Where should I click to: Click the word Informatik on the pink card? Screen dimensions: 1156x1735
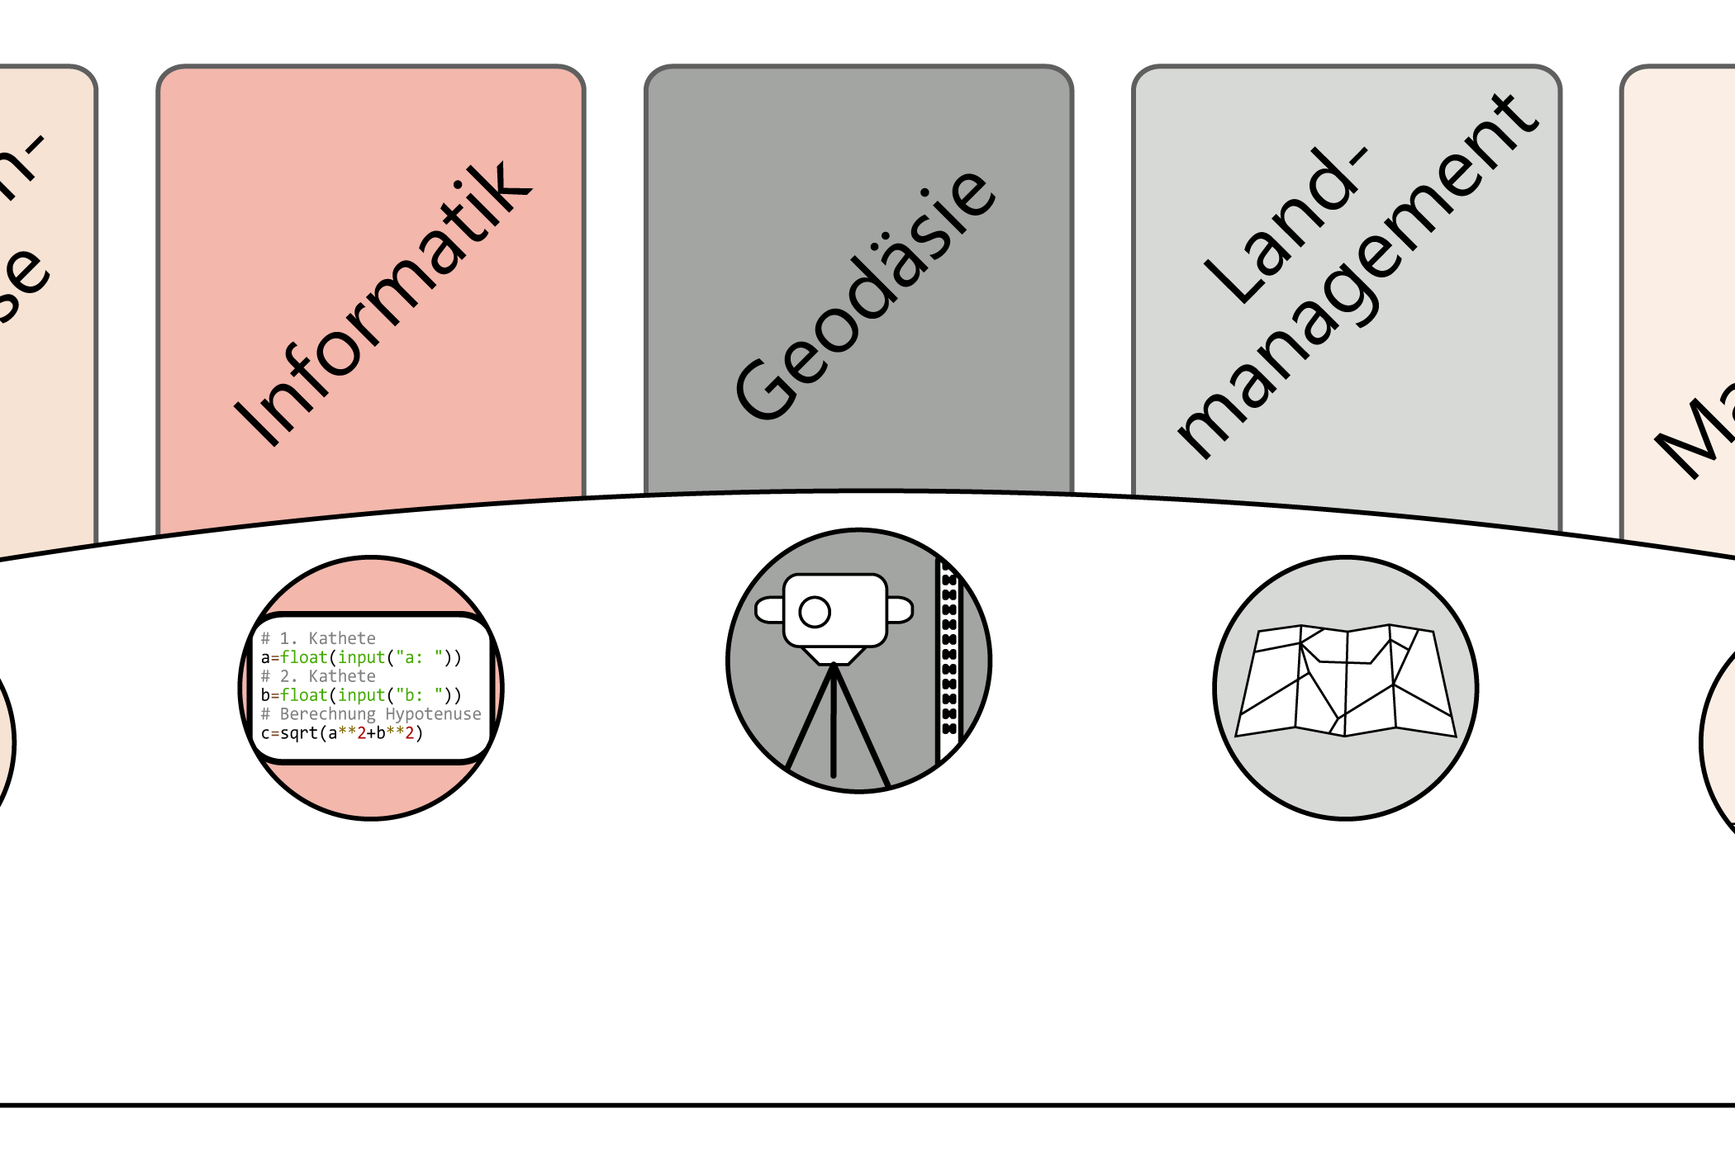tap(382, 304)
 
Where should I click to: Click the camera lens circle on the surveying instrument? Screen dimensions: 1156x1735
tap(815, 612)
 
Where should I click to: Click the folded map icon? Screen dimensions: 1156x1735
tap(1345, 681)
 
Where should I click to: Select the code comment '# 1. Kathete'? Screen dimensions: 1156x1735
tap(319, 638)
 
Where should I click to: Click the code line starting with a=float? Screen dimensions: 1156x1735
tap(361, 657)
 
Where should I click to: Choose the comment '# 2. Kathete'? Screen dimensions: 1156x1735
tap(319, 676)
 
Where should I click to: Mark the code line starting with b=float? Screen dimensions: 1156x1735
tap(361, 695)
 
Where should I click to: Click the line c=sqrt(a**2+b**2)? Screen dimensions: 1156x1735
tap(342, 733)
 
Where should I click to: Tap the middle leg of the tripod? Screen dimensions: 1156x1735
tap(834, 727)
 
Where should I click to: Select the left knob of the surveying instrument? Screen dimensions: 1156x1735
tap(769, 610)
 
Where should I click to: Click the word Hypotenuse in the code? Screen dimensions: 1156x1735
tap(433, 714)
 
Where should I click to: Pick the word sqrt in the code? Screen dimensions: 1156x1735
tap(299, 733)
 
